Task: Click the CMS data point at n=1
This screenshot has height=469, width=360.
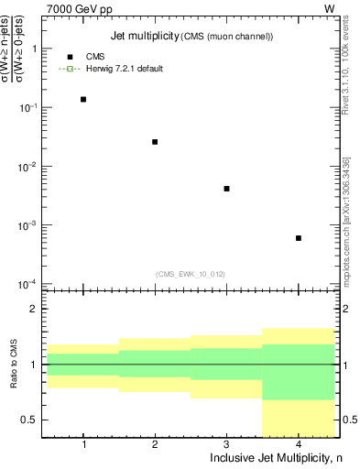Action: point(83,99)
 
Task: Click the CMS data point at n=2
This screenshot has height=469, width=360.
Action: point(155,142)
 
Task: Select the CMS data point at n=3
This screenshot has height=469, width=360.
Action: point(226,189)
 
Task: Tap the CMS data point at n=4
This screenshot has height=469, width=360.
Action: point(299,238)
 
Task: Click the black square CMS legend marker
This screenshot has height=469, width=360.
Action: point(70,57)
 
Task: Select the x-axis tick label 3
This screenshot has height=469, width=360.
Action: point(226,444)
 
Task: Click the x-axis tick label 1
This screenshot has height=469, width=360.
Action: point(83,444)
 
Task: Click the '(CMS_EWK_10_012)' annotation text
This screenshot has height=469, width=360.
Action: point(191,273)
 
